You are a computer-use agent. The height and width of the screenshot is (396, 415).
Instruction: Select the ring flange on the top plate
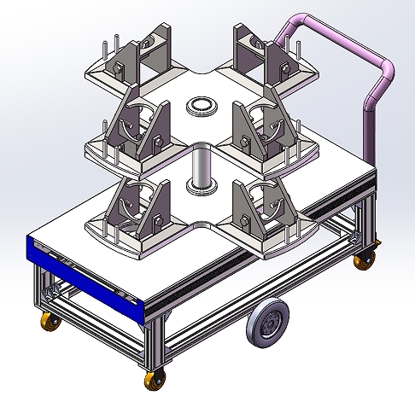click(x=202, y=107)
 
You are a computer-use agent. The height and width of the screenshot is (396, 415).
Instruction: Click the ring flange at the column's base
click(x=202, y=186)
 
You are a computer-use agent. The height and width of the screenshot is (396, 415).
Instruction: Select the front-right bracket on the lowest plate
click(x=260, y=213)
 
